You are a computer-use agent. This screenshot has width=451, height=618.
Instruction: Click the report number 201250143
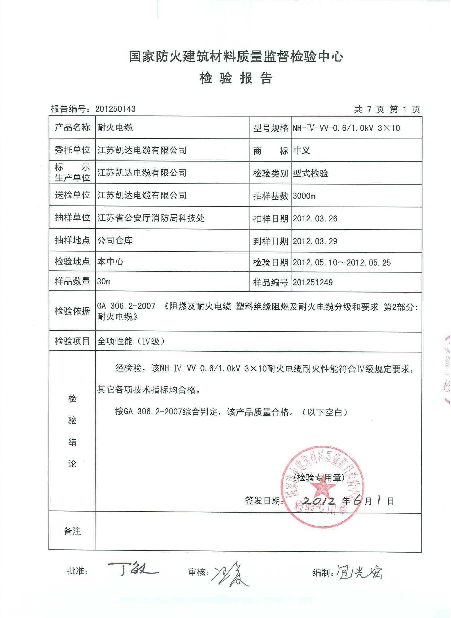(x=115, y=109)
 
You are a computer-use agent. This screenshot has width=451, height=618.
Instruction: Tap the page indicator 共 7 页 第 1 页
(x=387, y=110)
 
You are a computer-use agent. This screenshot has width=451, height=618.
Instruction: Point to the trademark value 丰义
(x=302, y=150)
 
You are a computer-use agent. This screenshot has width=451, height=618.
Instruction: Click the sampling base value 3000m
(x=304, y=196)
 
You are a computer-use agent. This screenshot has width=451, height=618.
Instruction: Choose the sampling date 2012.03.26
(x=315, y=218)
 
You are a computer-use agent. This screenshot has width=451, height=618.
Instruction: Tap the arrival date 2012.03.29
(x=315, y=241)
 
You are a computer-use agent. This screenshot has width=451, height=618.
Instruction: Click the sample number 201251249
(x=313, y=282)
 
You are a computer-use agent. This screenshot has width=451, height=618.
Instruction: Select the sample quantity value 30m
(x=104, y=282)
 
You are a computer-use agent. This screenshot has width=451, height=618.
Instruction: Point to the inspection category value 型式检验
(x=310, y=173)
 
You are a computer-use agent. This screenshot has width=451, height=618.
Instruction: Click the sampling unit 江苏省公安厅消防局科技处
(x=151, y=218)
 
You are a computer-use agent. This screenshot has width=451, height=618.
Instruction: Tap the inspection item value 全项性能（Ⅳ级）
(x=131, y=341)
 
